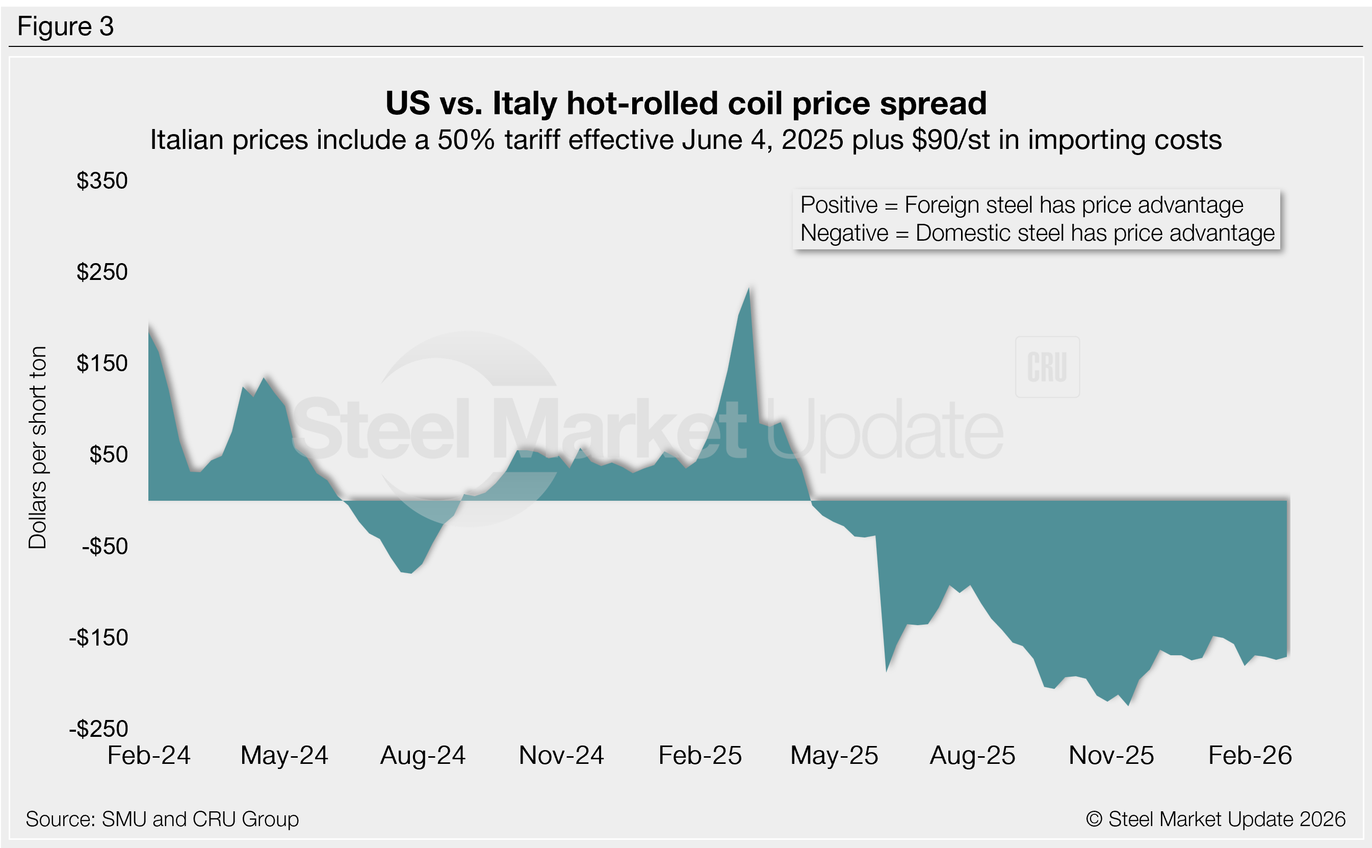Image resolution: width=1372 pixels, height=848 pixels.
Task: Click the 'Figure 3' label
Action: pos(66,27)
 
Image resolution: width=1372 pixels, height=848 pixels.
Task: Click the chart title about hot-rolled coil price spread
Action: pos(686,103)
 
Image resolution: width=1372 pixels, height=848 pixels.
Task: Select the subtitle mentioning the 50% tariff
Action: pos(686,140)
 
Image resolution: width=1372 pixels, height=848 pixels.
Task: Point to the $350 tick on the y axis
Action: pos(102,181)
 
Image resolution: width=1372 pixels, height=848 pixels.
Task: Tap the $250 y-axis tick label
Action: pos(102,272)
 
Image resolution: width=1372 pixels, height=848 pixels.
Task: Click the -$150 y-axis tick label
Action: pos(99,638)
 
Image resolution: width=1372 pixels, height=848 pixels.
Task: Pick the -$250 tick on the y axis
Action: pos(99,729)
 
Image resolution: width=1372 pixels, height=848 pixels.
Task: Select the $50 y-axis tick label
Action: pos(109,455)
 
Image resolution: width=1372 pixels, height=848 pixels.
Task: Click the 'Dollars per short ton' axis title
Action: pos(38,448)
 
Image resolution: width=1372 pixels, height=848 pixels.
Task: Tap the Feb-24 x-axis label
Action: pos(148,756)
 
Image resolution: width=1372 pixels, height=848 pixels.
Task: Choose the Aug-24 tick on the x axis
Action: pos(423,756)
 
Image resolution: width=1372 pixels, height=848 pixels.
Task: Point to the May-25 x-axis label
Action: pos(834,756)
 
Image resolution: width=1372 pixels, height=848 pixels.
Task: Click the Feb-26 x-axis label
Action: pos(1250,756)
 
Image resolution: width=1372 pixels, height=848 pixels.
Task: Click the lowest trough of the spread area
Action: pos(1128,704)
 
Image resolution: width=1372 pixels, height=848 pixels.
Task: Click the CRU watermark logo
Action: pos(1047,367)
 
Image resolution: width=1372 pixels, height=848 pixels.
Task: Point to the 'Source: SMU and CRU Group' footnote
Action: pos(162,819)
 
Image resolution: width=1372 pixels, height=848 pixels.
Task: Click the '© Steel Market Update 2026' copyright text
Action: pos(1215,819)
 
